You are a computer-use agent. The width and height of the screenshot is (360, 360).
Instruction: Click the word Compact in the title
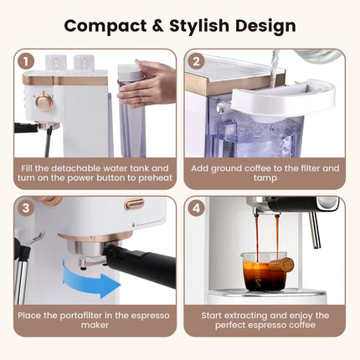(106, 25)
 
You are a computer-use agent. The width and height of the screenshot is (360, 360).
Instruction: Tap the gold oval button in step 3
(135, 203)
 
